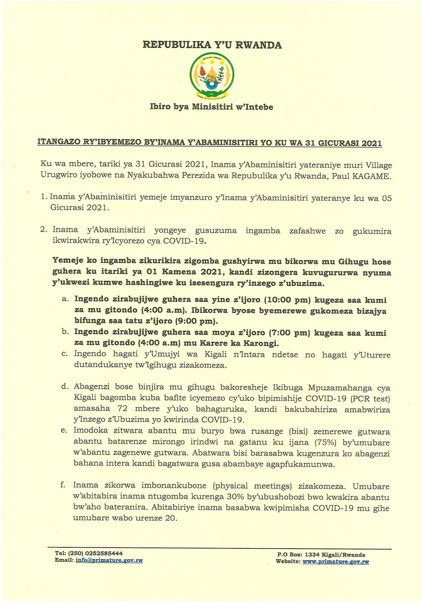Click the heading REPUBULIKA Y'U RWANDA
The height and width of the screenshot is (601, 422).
pyautogui.click(x=212, y=45)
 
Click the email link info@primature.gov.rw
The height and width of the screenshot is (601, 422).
pyautogui.click(x=109, y=560)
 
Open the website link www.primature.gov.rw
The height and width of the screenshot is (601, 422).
pyautogui.click(x=336, y=562)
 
